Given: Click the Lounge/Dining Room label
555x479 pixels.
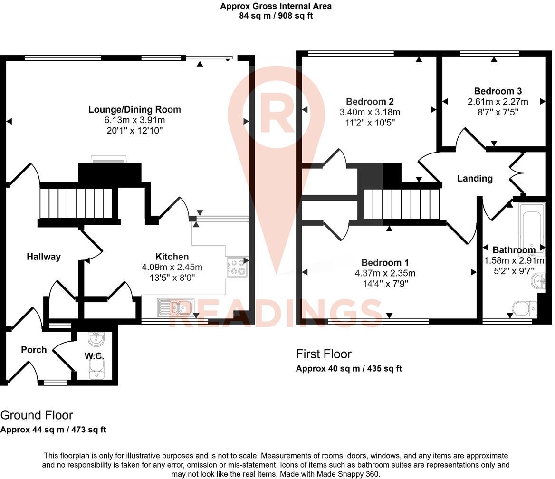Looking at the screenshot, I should click(134, 110).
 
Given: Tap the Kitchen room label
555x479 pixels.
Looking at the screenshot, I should click(172, 257).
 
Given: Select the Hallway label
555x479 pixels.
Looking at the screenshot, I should click(43, 257).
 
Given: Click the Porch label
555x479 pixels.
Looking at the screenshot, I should click(34, 350).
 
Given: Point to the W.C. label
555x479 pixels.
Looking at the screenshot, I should click(94, 356).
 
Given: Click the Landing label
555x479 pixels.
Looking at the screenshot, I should click(474, 178).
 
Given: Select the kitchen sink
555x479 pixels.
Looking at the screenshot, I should click(175, 307).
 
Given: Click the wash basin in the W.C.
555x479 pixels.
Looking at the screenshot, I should click(96, 338).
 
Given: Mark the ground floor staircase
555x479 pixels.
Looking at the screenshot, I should click(77, 203).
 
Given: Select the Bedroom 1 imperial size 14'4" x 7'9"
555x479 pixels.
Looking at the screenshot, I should click(385, 284).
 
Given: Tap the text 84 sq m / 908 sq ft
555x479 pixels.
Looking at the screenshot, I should click(276, 16).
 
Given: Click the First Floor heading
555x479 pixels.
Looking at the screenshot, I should click(324, 354).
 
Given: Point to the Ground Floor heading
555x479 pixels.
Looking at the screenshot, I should click(37, 415).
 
